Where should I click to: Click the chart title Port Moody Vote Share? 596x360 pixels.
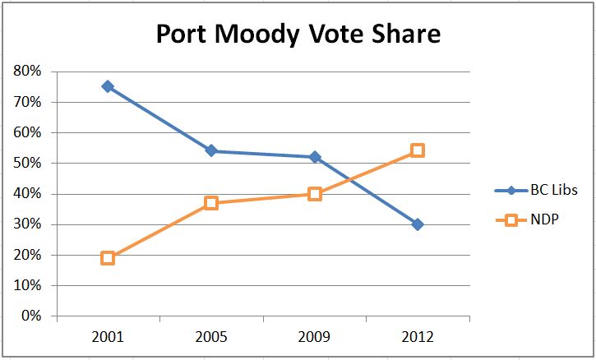(x=298, y=35)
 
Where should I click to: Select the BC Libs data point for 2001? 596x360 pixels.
(x=108, y=86)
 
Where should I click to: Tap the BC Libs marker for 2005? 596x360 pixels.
(x=211, y=150)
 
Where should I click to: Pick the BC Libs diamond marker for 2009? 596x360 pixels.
(x=315, y=157)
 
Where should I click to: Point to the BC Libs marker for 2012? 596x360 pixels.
(x=418, y=224)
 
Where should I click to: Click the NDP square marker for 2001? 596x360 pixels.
(x=108, y=258)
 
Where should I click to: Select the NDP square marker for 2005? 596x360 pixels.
(x=211, y=203)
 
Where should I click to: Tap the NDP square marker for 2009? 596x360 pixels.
(x=315, y=194)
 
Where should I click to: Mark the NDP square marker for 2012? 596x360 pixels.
(x=418, y=150)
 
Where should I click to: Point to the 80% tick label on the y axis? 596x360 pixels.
(x=29, y=72)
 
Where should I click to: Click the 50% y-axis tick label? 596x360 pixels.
(x=29, y=163)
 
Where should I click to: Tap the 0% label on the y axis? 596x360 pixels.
(x=32, y=316)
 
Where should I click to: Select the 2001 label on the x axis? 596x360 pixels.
(x=108, y=337)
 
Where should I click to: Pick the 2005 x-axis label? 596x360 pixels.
(x=211, y=337)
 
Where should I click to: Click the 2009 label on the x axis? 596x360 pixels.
(x=315, y=337)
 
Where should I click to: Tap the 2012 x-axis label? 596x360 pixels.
(x=418, y=337)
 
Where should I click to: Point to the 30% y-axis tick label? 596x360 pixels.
(x=29, y=224)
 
